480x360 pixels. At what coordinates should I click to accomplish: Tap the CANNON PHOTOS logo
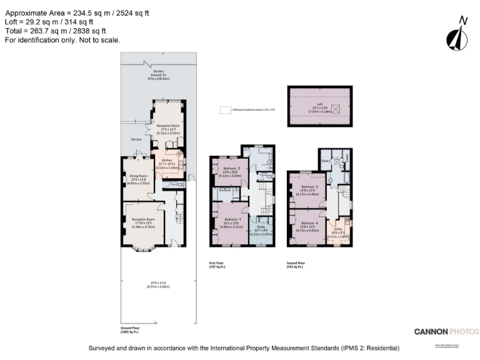click(x=446, y=331)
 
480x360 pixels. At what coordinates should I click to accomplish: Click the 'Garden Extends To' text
click(x=159, y=76)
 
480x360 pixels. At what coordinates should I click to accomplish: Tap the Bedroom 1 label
click(x=229, y=219)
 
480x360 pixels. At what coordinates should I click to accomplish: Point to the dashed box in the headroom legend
click(x=224, y=109)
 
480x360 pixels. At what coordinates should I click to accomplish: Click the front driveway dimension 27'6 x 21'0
click(x=158, y=284)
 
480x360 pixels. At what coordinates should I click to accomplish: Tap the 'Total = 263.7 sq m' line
click(x=56, y=31)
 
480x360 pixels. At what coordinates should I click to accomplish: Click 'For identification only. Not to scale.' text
click(x=62, y=40)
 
